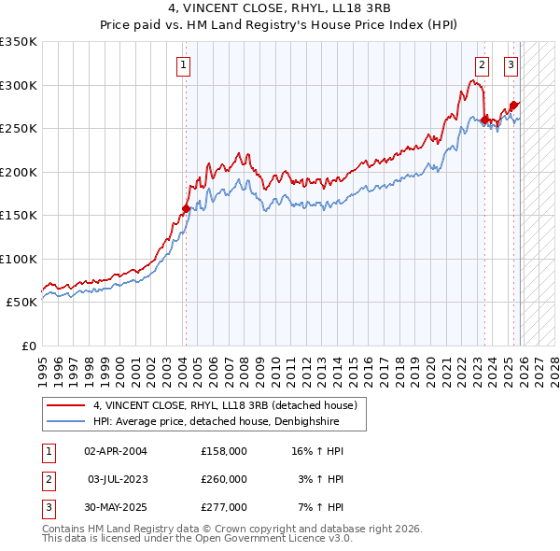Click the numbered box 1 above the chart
coord(183,65)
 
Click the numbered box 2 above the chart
coord(482,65)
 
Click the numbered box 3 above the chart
coord(511,65)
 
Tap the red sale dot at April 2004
coord(186,209)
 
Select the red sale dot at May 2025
coord(513,106)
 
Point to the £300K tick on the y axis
coord(20,85)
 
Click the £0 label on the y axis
coord(28,346)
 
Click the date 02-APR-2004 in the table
coord(116,451)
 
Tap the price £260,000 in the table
coord(224,479)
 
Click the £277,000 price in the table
coord(224,507)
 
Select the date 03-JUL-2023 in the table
coord(117,479)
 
